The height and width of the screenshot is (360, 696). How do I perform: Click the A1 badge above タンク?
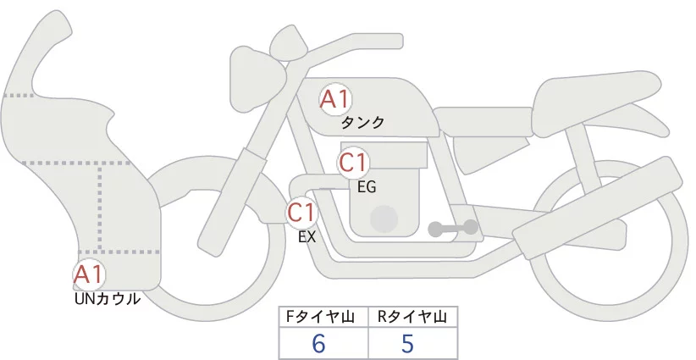(x=334, y=100)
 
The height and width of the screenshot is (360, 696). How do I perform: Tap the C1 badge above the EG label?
(x=354, y=163)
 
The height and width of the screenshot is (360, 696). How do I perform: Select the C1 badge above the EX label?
(x=302, y=212)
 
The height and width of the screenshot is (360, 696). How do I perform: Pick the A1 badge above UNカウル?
(x=89, y=274)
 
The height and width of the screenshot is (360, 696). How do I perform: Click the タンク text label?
(x=362, y=123)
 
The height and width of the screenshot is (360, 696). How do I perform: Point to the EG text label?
(x=367, y=186)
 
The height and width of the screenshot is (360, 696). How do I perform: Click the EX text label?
(x=307, y=237)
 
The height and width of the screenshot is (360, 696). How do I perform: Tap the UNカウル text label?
(x=107, y=298)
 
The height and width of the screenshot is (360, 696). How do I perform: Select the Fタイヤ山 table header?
(x=324, y=317)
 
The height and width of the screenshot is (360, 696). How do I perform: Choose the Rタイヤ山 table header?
(x=412, y=317)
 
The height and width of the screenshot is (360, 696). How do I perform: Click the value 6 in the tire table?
(x=319, y=343)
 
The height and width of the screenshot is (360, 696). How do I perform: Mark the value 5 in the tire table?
(x=407, y=343)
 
